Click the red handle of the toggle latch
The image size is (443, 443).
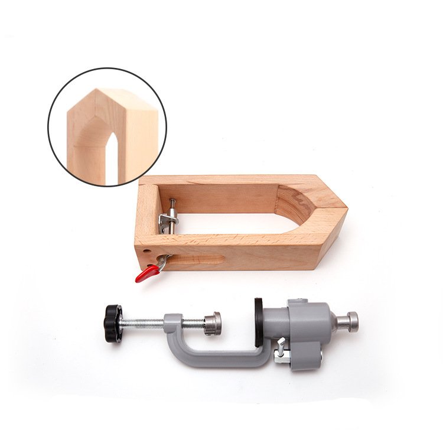pyautogui.click(x=146, y=273)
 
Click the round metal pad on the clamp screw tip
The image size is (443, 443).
pyautogui.click(x=213, y=323)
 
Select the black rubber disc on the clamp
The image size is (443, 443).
pyautogui.click(x=259, y=323)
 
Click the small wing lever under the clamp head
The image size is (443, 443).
pyautogui.click(x=281, y=348)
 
